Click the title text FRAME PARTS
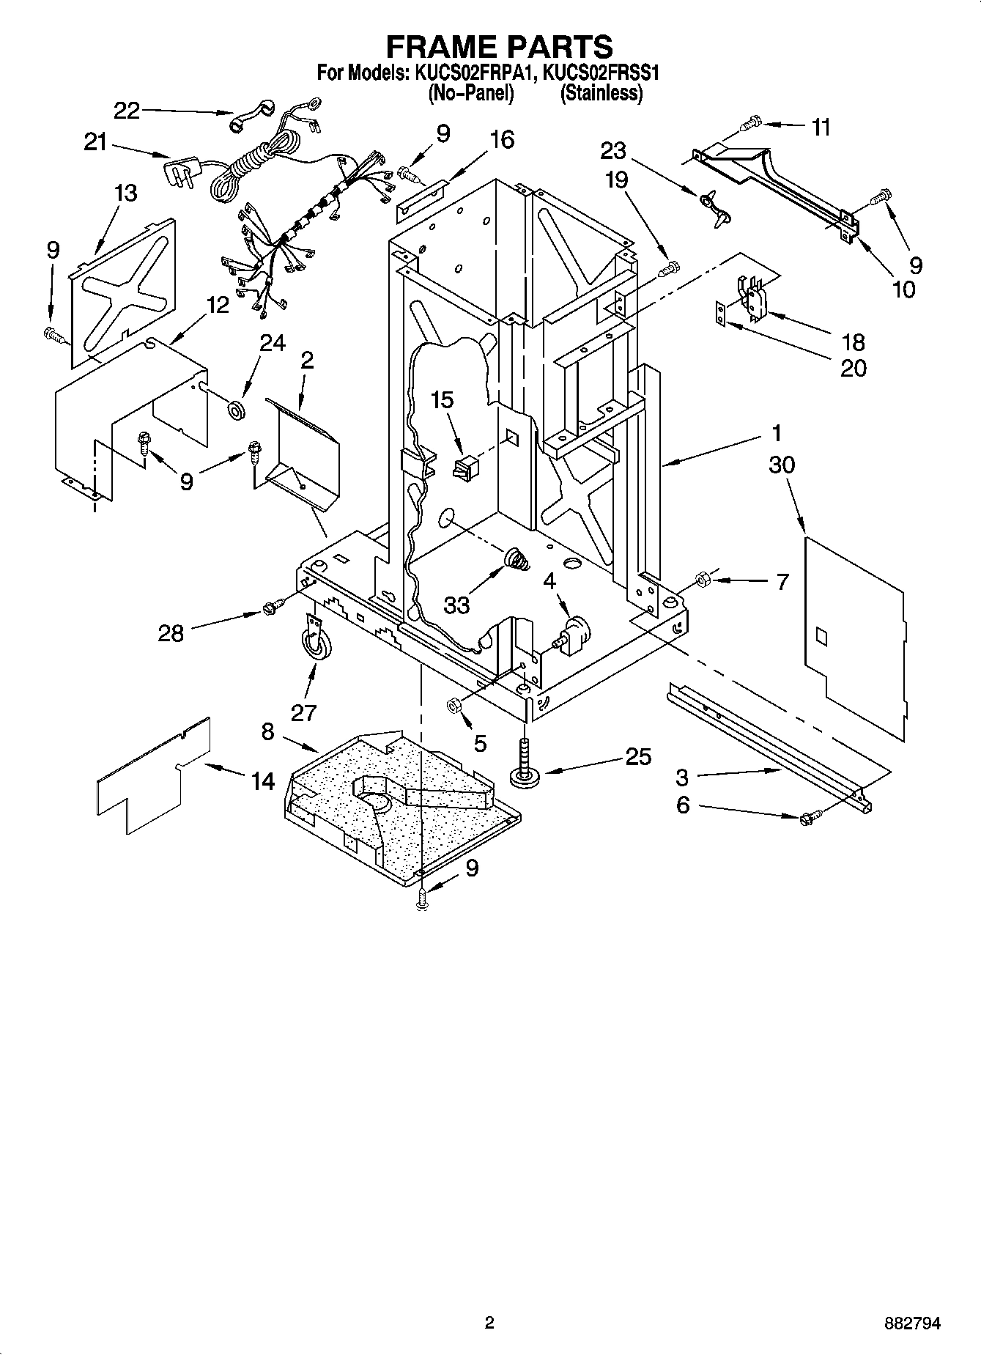coord(499,46)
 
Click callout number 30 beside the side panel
coord(782,465)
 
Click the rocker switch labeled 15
coord(465,467)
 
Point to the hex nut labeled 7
coord(700,579)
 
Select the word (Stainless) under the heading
coord(601,93)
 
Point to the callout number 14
coord(262,781)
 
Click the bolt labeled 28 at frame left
coord(272,608)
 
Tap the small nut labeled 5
coord(453,705)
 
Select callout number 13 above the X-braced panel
coord(125,193)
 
